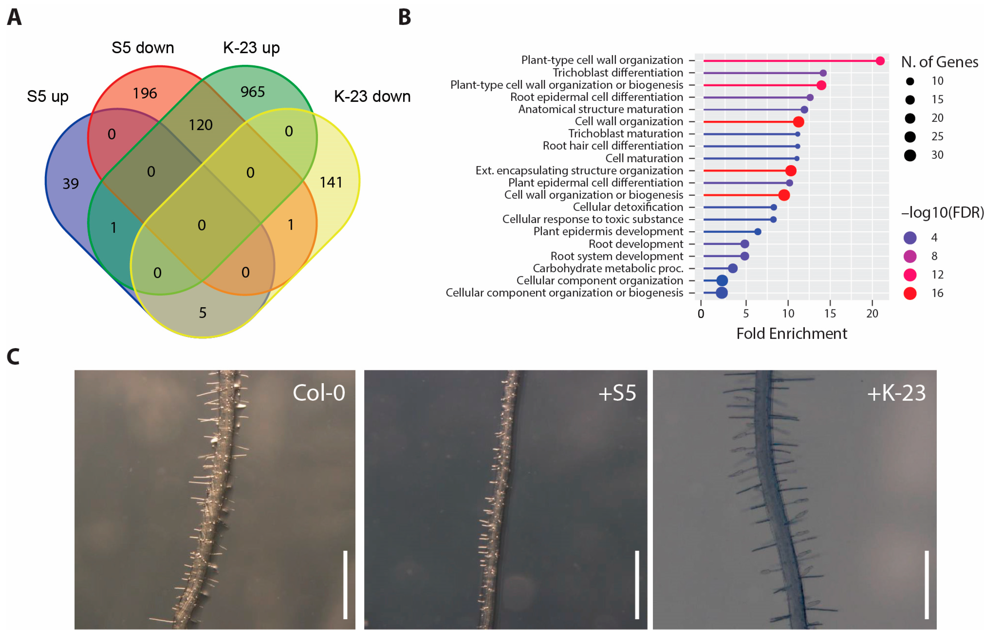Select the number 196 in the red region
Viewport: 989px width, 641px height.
pos(145,93)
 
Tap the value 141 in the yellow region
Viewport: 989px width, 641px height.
pos(331,182)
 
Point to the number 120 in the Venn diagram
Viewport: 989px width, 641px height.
pos(201,125)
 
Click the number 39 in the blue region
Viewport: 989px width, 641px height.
pos(71,183)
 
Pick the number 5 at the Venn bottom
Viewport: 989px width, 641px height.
pos(202,313)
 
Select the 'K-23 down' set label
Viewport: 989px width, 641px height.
pos(372,96)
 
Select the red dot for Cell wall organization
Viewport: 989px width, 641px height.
pos(798,122)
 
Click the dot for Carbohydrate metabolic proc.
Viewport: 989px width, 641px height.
pos(733,268)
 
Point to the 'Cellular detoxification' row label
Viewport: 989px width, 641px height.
pos(628,207)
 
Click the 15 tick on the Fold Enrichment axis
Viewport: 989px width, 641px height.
pos(830,313)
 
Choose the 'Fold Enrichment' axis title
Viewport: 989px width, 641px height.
pos(792,334)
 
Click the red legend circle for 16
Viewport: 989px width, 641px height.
pos(910,293)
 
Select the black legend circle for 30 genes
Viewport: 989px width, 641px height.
pos(910,155)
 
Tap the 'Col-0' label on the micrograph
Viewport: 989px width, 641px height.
pos(319,392)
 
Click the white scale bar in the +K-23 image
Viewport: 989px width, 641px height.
pos(927,585)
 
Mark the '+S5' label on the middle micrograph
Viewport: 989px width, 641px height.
pos(617,392)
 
